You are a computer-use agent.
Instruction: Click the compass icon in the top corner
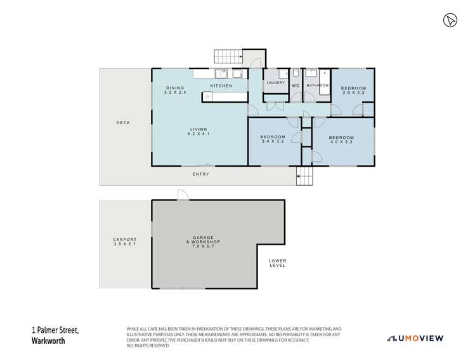click(450, 21)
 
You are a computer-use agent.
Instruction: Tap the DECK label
click(123, 123)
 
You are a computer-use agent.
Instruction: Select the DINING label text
click(175, 87)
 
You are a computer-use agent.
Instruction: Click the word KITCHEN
click(221, 86)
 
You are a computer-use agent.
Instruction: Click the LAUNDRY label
click(275, 83)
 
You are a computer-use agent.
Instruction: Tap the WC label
click(296, 86)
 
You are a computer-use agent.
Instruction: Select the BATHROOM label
click(317, 86)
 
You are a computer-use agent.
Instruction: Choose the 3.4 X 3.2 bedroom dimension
click(275, 142)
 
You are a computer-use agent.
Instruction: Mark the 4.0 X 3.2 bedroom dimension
click(341, 142)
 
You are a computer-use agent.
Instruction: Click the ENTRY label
click(200, 174)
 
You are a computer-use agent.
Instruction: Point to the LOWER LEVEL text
click(277, 263)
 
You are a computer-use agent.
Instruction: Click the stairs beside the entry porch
click(305, 177)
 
